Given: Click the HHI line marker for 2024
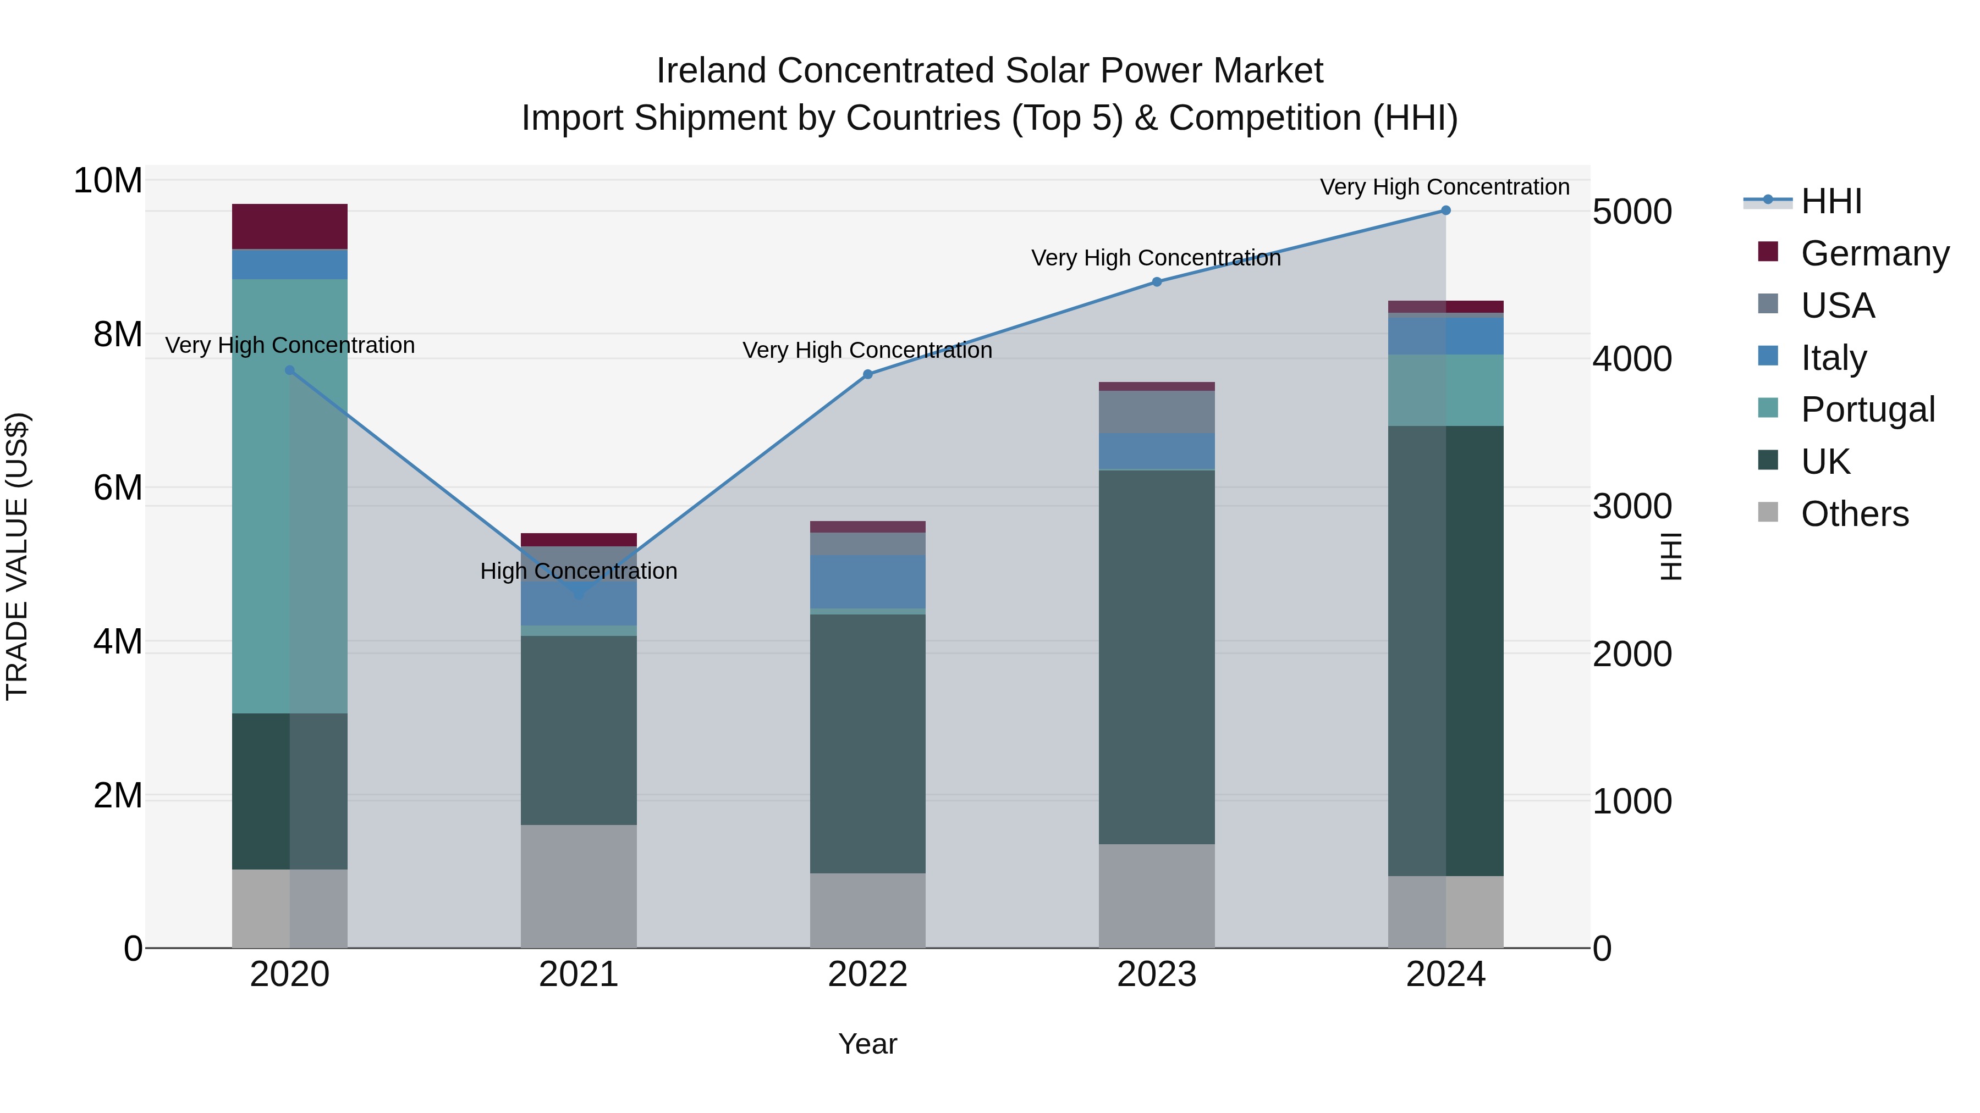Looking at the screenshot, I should (x=1446, y=211).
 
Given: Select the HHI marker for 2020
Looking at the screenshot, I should (x=290, y=370).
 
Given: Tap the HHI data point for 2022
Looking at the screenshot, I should (x=868, y=375).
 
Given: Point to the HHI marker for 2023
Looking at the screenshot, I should (x=1157, y=282).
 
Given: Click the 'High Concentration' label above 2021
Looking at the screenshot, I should (x=579, y=572).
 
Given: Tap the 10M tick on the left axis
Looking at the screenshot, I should (x=108, y=181).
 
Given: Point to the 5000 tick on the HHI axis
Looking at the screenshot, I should (x=1632, y=212).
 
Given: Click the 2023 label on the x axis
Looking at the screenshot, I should (x=1157, y=974).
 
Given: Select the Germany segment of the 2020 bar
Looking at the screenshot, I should (x=290, y=226).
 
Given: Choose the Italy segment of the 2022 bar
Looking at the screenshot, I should (x=868, y=582).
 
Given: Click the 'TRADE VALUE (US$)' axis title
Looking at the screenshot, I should (x=17, y=556).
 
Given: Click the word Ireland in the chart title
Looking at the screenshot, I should (x=711, y=71).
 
